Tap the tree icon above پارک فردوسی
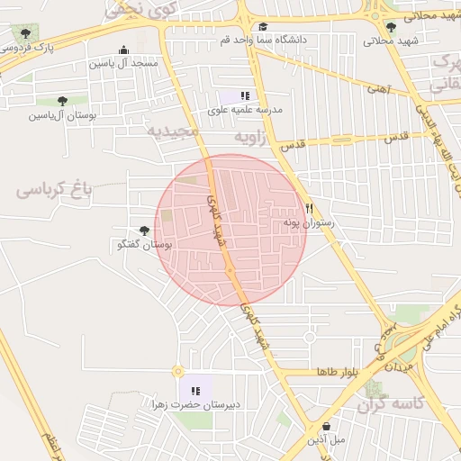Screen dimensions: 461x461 [x=25, y=35]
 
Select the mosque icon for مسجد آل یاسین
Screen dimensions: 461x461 [x=123, y=50]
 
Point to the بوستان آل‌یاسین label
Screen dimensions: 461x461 [x=60, y=115]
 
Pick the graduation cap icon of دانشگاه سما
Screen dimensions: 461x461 [x=263, y=27]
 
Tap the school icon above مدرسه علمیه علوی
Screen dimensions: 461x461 [x=245, y=95]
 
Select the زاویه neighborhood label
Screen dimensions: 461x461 [x=253, y=137]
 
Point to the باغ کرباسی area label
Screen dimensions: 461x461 [x=55, y=190]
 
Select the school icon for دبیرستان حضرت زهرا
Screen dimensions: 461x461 [x=195, y=391]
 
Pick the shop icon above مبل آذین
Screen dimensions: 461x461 [x=326, y=427]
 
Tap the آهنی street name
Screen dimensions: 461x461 [x=376, y=88]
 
